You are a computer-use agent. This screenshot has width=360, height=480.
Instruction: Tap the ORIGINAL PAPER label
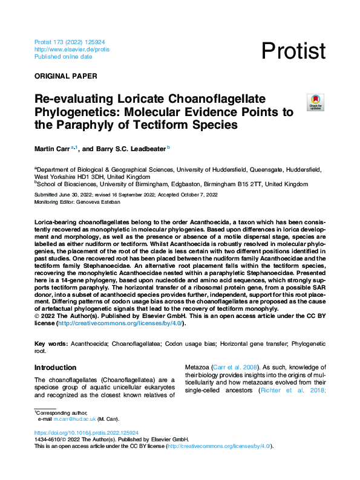(x=65, y=76)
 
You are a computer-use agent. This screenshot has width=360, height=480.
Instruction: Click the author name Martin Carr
(x=52, y=147)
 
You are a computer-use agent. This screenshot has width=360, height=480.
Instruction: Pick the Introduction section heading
(x=55, y=368)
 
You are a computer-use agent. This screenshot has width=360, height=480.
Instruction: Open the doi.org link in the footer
(x=87, y=433)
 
